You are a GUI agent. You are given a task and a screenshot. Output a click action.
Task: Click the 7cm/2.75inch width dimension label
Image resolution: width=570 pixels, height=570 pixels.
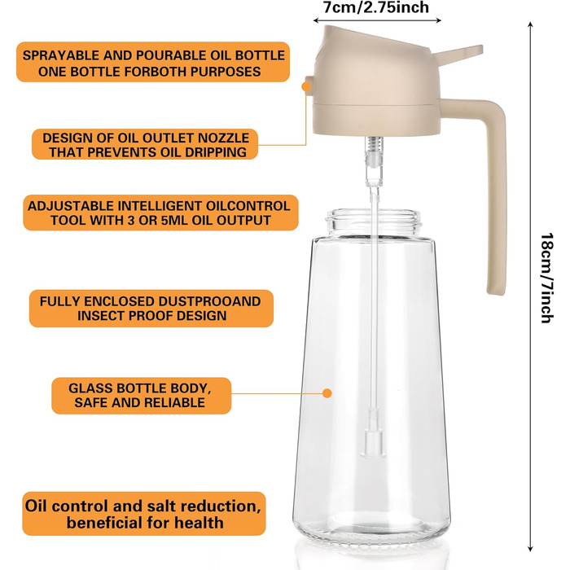(x=376, y=7)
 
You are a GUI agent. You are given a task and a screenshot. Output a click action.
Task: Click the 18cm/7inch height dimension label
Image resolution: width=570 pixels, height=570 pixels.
(x=546, y=278)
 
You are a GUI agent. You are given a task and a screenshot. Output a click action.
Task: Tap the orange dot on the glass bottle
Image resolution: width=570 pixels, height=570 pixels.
(x=327, y=393)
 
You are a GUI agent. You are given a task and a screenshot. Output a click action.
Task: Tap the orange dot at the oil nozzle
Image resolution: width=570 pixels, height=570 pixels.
(x=306, y=86)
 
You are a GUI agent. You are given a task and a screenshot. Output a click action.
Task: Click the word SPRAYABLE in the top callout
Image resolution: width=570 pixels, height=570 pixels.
(x=61, y=55)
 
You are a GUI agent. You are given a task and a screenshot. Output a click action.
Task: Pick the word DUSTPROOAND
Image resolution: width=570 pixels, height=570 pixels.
(x=209, y=301)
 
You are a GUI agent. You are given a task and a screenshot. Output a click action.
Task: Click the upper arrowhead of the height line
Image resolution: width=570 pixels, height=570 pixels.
(x=530, y=24)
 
